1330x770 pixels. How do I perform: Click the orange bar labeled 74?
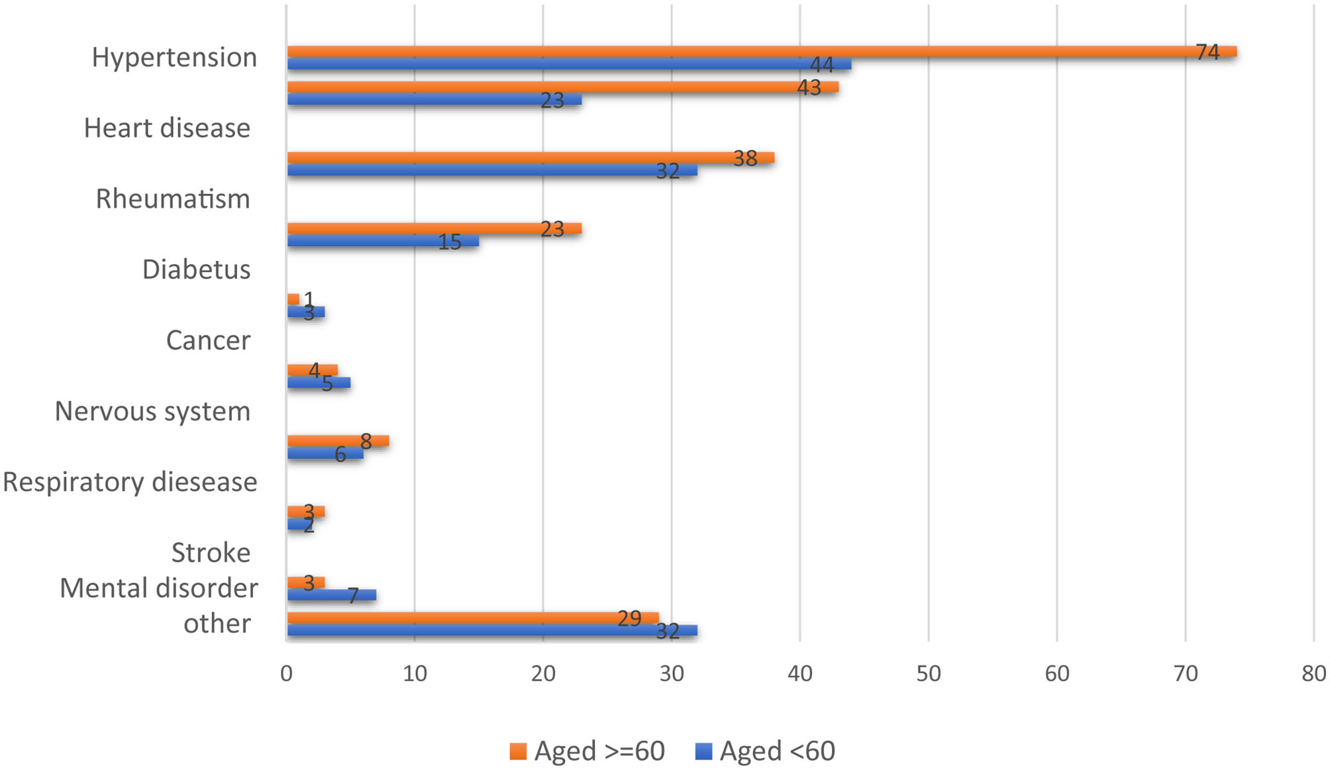[762, 52]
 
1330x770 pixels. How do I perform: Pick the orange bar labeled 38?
[530, 158]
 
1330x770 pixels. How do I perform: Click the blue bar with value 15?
[382, 241]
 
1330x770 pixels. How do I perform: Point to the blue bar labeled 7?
[331, 595]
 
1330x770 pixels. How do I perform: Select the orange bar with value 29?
[472, 618]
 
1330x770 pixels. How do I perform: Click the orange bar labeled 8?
[338, 441]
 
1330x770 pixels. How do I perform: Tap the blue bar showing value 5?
[318, 383]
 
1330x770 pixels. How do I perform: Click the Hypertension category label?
[174, 58]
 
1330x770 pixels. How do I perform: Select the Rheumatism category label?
[173, 199]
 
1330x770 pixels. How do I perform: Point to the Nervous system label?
[152, 411]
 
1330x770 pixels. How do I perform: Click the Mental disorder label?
[159, 588]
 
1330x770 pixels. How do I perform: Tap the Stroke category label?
[211, 553]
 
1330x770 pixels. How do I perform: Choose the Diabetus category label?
[196, 269]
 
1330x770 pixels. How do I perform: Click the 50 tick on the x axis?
[928, 673]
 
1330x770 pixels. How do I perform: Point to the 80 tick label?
[1313, 673]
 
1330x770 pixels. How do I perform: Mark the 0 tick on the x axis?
[286, 673]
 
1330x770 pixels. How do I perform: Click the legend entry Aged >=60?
[587, 751]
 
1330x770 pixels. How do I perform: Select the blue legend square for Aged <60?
[703, 751]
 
